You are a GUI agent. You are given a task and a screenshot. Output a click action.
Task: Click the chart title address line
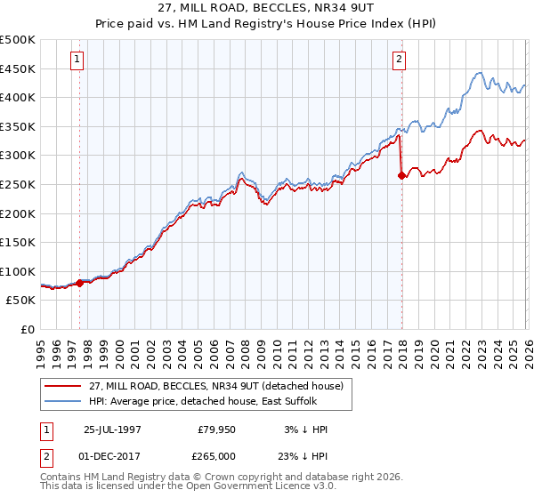pyautogui.click(x=266, y=9)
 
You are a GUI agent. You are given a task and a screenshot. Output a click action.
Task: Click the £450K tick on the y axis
pyautogui.click(x=18, y=68)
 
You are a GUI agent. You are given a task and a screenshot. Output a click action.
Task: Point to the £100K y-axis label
pyautogui.click(x=18, y=271)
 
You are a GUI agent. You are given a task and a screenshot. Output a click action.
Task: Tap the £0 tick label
pyautogui.click(x=28, y=330)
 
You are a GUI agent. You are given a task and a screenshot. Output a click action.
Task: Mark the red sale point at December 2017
pyautogui.click(x=401, y=176)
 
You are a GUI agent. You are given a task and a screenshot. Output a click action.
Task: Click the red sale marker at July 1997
pyautogui.click(x=80, y=283)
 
